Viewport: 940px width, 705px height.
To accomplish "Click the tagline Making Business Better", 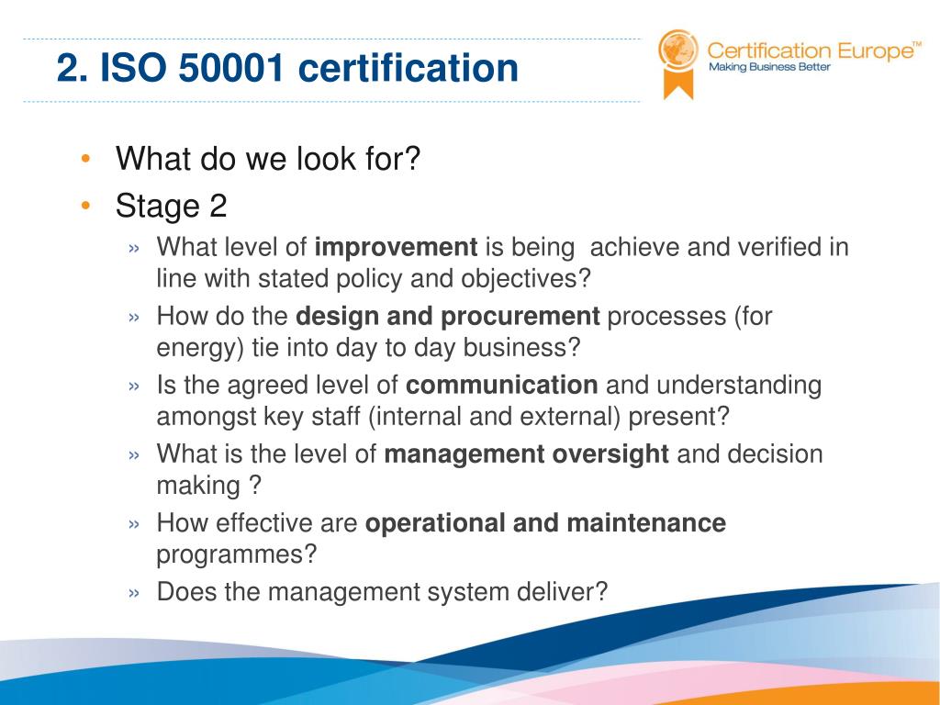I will (768, 67).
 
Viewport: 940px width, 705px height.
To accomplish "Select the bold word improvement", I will (396, 247).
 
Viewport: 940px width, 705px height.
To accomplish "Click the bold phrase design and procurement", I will (447, 317).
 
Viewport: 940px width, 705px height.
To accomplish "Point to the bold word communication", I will (501, 386).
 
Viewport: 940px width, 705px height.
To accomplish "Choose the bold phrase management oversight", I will (526, 454).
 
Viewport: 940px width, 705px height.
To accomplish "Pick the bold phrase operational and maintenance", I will (545, 523).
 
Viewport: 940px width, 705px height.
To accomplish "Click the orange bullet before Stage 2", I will (84, 207).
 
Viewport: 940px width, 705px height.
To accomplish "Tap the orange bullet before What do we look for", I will (84, 159).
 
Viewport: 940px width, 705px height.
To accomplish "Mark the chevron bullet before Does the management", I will (135, 593).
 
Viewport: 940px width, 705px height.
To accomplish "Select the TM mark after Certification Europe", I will (916, 42).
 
